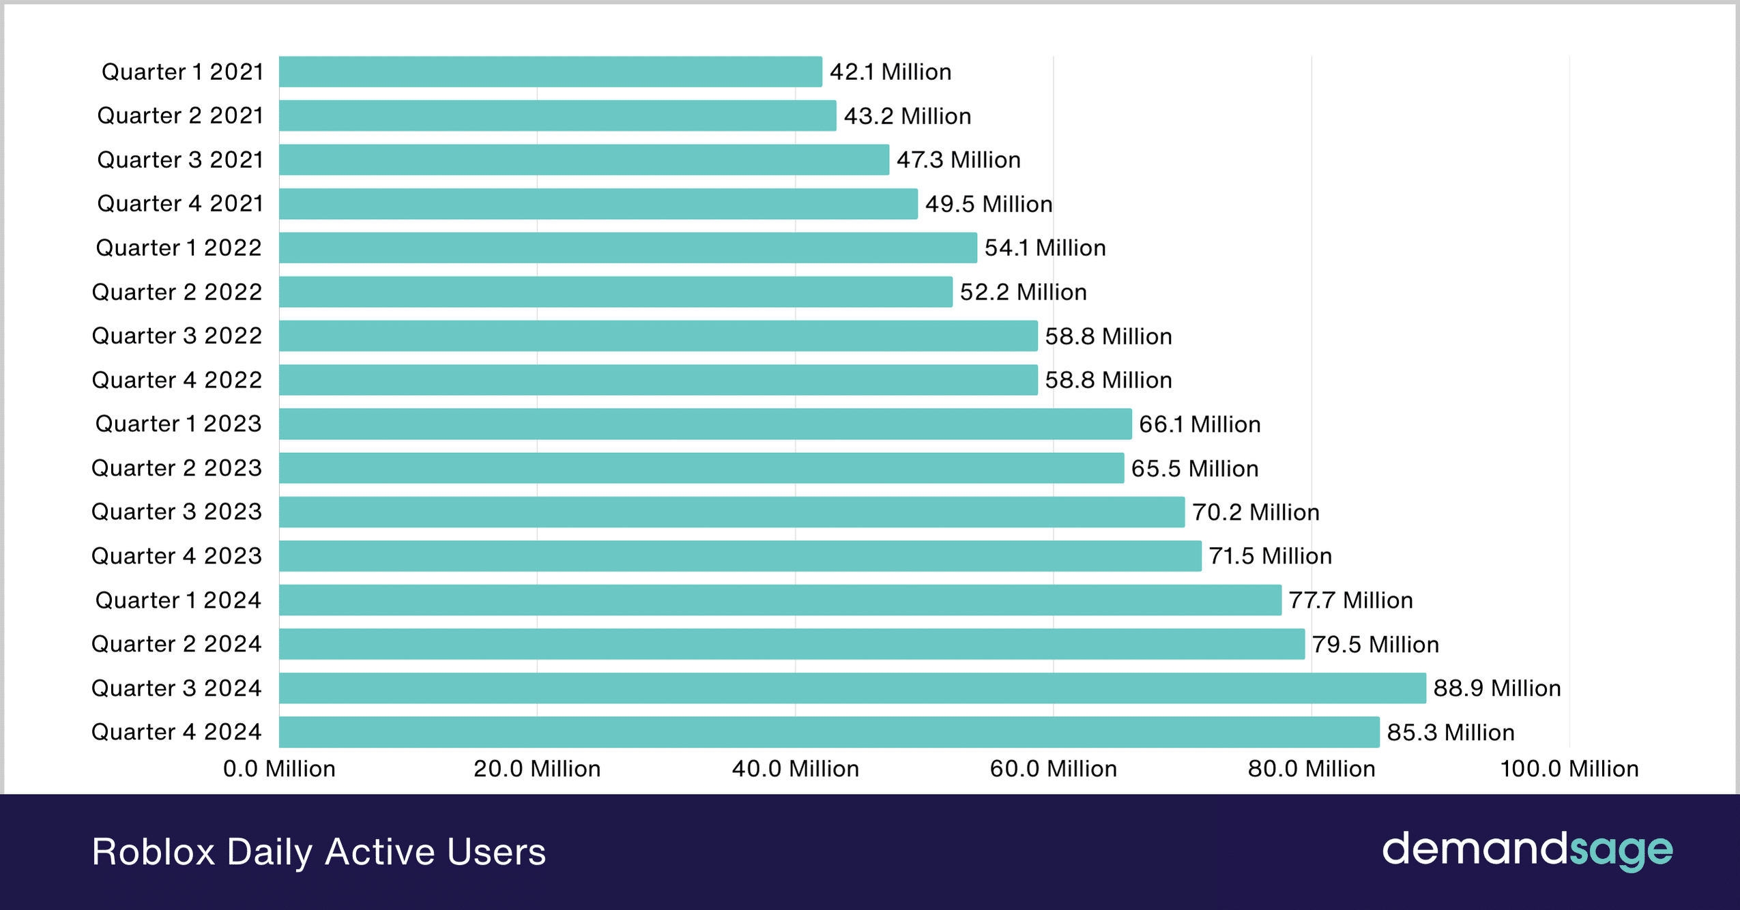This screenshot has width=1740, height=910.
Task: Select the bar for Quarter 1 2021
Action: [550, 72]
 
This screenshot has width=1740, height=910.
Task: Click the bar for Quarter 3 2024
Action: [852, 688]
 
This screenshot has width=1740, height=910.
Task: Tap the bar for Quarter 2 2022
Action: [615, 292]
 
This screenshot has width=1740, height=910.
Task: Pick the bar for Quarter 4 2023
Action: [740, 556]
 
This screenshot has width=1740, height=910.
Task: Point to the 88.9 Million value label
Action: [1496, 688]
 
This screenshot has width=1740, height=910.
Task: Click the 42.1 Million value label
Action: [890, 72]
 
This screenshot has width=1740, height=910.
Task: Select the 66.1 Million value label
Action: [1199, 424]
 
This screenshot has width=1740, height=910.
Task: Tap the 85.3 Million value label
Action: [1450, 733]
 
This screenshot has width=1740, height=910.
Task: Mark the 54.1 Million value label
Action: [1045, 248]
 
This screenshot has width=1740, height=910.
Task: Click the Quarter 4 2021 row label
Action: [180, 203]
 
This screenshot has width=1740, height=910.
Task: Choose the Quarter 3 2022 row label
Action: [177, 336]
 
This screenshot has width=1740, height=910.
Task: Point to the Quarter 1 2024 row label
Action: [178, 600]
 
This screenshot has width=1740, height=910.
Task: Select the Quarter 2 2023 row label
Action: [177, 468]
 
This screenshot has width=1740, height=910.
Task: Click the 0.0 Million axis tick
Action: [279, 769]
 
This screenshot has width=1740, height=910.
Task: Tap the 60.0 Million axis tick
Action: [1053, 769]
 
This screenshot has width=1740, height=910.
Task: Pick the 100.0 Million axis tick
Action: [1569, 769]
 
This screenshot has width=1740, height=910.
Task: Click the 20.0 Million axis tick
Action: [537, 769]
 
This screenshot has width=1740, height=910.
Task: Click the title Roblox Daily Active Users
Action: [319, 851]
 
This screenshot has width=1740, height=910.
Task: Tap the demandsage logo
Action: [1527, 850]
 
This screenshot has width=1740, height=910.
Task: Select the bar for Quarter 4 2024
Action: [828, 732]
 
